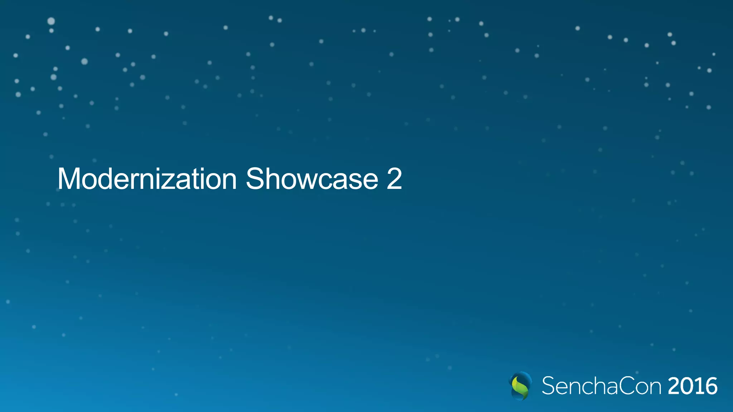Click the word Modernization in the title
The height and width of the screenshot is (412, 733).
tap(147, 179)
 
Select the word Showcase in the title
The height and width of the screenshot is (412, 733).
tap(312, 179)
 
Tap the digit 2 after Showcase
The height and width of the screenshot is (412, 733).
tap(394, 179)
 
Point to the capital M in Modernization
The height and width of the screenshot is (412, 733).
tap(69, 179)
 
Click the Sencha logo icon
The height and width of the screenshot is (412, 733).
tap(520, 386)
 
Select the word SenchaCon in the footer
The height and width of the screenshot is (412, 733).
tap(601, 386)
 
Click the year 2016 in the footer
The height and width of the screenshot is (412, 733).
tap(693, 386)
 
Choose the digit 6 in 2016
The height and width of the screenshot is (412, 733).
tap(710, 386)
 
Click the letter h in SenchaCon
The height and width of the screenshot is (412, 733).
tap(597, 386)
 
